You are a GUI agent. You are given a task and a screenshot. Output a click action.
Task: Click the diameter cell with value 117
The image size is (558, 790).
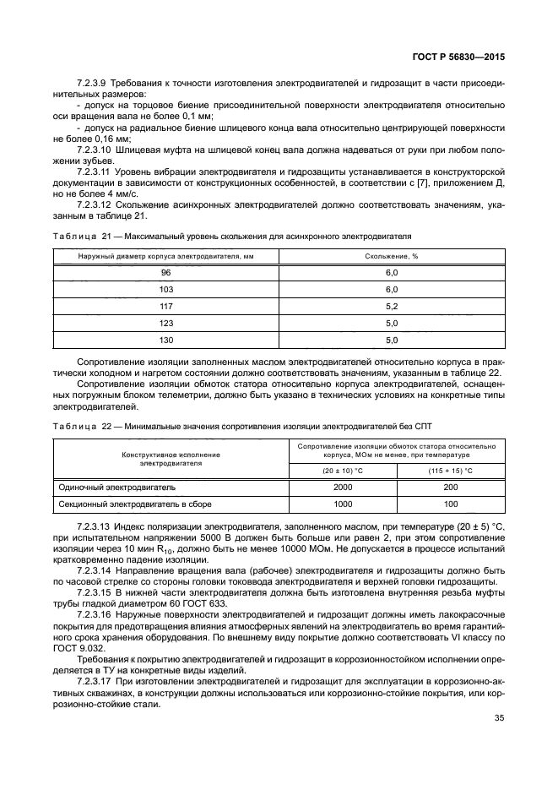(165, 306)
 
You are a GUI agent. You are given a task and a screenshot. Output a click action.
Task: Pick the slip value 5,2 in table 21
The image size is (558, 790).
(391, 306)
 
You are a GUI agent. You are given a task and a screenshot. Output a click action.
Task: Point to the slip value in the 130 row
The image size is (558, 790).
(391, 340)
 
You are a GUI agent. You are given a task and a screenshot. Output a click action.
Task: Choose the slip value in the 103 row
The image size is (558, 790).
(391, 290)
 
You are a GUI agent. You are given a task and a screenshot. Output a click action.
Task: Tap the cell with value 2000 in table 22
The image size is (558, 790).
(343, 488)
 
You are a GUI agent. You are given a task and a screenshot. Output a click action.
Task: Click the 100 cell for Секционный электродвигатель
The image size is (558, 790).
(451, 504)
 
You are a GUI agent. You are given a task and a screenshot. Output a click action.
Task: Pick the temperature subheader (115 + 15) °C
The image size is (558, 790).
(451, 471)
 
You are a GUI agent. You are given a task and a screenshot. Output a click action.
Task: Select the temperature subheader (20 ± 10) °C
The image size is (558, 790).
(343, 471)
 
